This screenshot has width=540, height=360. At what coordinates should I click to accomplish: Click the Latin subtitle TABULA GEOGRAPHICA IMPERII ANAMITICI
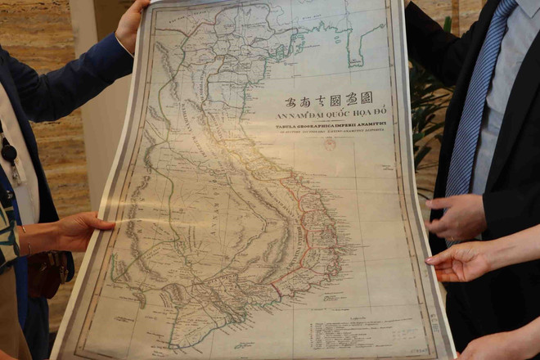click(336, 128)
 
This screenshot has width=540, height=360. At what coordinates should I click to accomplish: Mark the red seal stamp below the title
click(329, 144)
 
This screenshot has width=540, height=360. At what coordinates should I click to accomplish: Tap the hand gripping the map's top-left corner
click(131, 25)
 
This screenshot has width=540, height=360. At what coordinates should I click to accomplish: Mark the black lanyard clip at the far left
click(9, 152)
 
